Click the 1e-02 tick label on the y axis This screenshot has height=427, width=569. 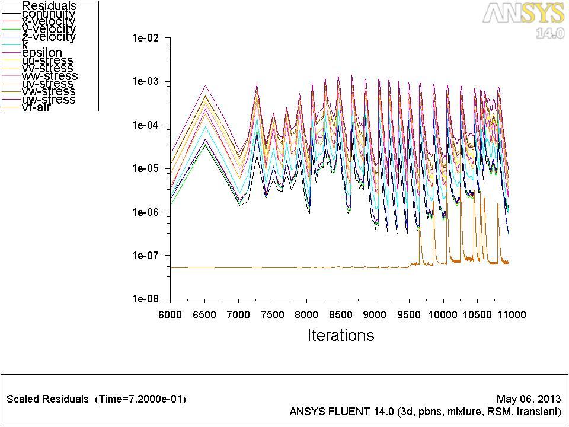pyautogui.click(x=145, y=38)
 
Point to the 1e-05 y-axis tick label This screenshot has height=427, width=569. pyautogui.click(x=145, y=168)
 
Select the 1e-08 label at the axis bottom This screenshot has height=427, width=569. pyautogui.click(x=145, y=299)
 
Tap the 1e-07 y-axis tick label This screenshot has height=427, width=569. pyautogui.click(x=145, y=256)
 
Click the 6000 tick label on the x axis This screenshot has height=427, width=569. pyautogui.click(x=170, y=314)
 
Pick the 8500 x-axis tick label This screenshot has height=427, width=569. pyautogui.click(x=341, y=314)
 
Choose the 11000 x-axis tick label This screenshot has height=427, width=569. pyautogui.click(x=512, y=314)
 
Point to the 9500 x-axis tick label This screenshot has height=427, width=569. pyautogui.click(x=409, y=314)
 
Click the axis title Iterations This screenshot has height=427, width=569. pyautogui.click(x=341, y=335)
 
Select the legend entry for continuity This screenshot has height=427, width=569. pyautogui.click(x=49, y=14)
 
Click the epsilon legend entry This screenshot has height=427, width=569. pyautogui.click(x=41, y=53)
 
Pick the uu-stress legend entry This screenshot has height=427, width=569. pyautogui.click(x=47, y=60)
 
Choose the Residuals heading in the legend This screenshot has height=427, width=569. pyautogui.click(x=49, y=6)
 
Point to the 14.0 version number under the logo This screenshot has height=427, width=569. pyautogui.click(x=549, y=33)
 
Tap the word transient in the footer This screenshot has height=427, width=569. pyautogui.click(x=538, y=411)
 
